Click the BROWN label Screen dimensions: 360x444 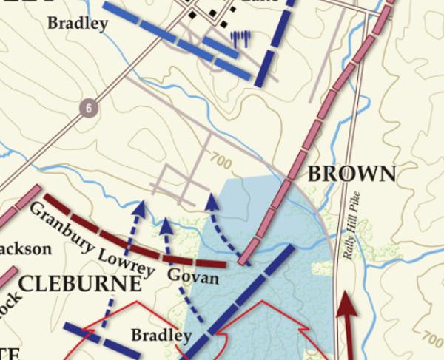coord(351,174)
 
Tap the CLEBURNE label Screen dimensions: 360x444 coord(79,285)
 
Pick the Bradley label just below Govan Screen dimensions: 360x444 coord(161,336)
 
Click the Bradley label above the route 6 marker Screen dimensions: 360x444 coord(78,23)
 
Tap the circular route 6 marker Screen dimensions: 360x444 coord(90,109)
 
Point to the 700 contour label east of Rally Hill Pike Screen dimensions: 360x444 coord(431,339)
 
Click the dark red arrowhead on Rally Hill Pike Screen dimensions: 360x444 coord(347,303)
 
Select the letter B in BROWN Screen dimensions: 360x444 coord(314,174)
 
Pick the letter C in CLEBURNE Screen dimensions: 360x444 coord(26,285)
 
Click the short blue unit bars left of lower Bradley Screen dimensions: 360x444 coord(92,337)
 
